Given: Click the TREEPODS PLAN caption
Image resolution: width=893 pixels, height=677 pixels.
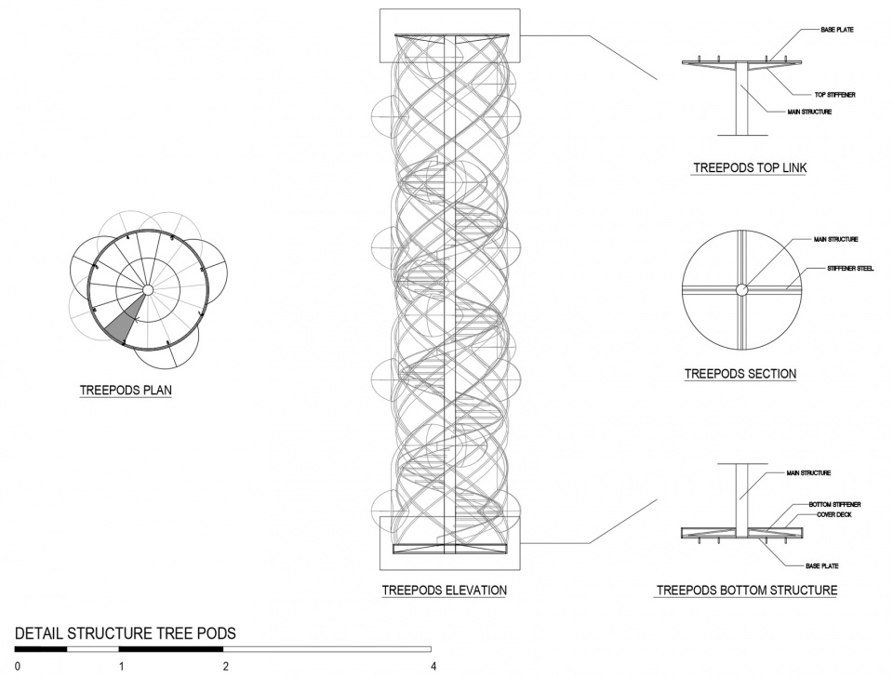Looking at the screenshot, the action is tap(126, 390).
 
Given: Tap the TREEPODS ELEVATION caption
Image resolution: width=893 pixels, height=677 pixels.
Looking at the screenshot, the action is tap(445, 590).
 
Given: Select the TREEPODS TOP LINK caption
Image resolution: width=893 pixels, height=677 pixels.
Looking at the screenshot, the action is tap(750, 168).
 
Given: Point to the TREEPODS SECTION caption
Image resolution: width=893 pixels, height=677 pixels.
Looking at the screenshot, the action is tap(740, 374).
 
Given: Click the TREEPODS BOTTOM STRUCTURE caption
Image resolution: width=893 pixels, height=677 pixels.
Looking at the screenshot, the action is tap(747, 590).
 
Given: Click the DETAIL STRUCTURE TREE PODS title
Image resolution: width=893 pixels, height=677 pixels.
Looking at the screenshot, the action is tap(125, 633).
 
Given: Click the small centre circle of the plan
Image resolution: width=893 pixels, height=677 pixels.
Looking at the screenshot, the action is tap(148, 290).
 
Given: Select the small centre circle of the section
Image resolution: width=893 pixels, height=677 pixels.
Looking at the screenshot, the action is tap(741, 290).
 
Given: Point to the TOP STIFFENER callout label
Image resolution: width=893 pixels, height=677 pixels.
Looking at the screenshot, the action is tap(834, 95).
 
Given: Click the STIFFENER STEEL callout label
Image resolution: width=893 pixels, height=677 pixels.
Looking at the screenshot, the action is tap(850, 268).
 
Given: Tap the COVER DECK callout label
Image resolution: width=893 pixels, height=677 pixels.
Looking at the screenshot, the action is tap(834, 515).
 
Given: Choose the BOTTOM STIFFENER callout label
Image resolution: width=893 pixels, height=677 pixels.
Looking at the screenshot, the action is tap(835, 504).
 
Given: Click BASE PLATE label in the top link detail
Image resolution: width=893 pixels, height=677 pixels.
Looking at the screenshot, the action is tap(836, 30).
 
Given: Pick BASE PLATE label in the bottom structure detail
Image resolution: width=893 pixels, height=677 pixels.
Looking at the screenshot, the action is tap(821, 566).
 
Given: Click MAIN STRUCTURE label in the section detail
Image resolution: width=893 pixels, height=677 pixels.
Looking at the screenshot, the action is tap(835, 240).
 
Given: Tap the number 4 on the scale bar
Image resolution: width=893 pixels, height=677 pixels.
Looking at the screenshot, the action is tap(433, 666).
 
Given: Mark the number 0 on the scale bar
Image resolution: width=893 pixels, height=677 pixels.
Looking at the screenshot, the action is tap(17, 666).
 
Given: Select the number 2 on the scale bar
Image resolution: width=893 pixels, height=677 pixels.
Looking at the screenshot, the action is tap(225, 666).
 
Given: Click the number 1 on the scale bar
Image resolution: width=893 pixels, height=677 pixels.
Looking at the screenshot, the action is tap(121, 666).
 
